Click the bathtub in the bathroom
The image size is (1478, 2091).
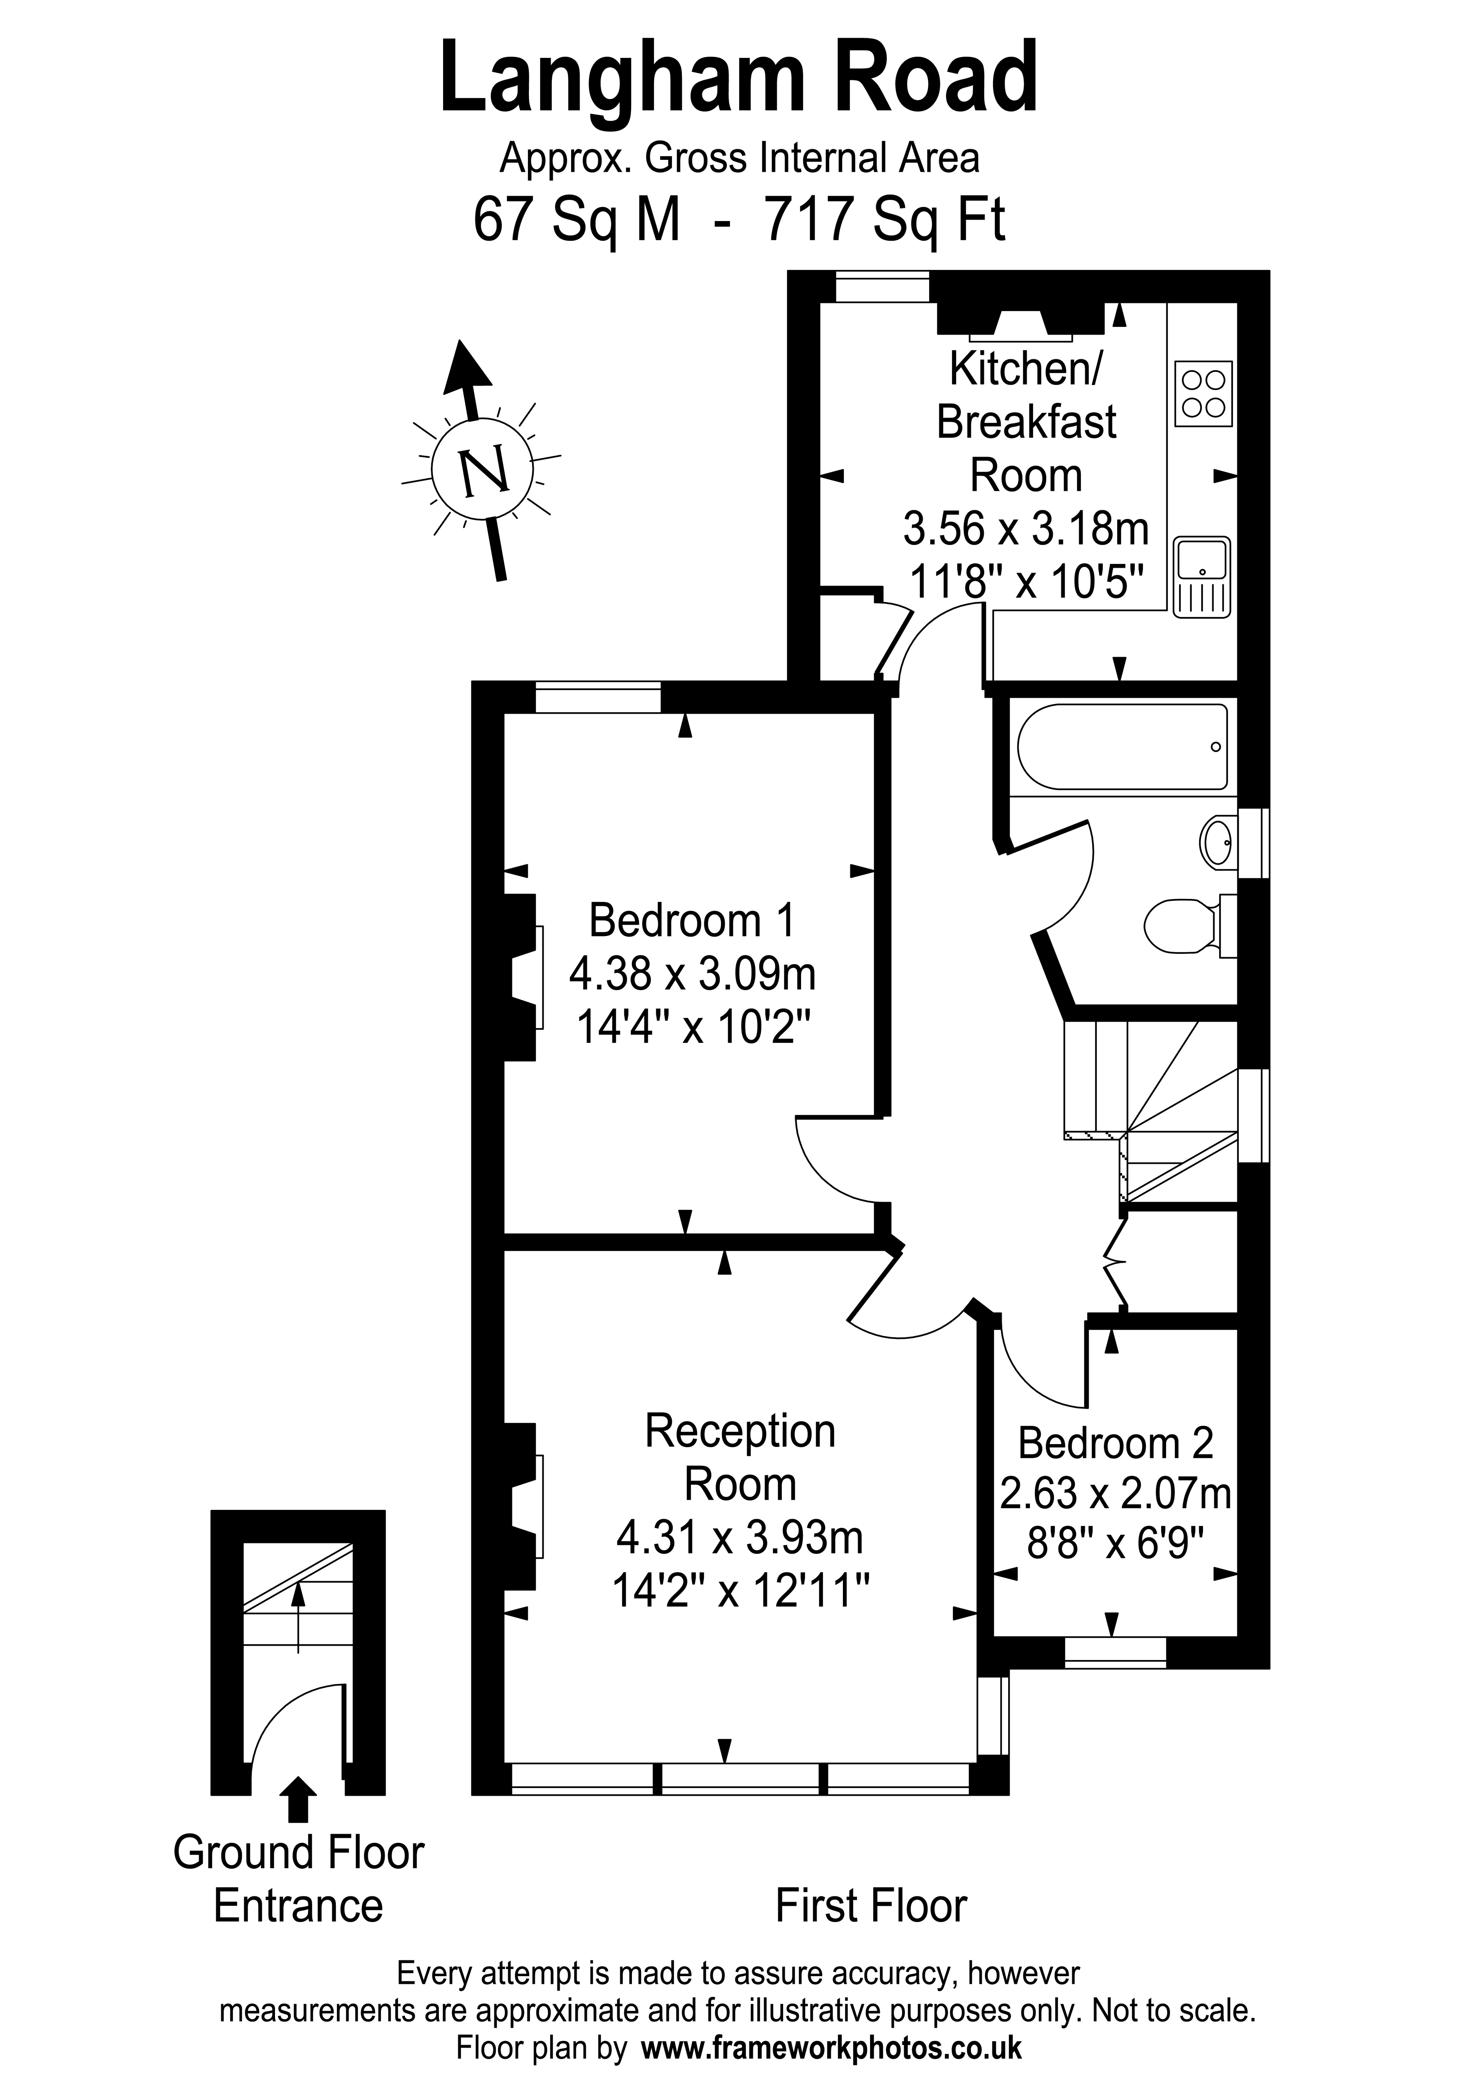point(1122,747)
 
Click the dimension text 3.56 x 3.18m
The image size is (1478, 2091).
point(1025,528)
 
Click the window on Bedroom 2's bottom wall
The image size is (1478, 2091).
point(1115,1653)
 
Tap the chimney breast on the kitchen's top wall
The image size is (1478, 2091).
point(1020,318)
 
